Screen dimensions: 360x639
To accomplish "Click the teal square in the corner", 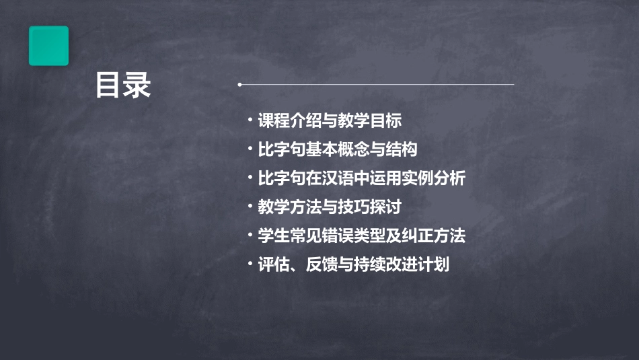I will point(48,46).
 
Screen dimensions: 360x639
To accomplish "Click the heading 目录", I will point(123,85).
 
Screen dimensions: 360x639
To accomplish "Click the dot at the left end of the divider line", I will point(240,85).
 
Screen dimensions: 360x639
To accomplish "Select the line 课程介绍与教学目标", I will point(330,121).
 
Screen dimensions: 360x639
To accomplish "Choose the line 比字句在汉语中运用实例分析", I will point(361,179).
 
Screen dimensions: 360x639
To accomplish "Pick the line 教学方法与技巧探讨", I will point(330,207).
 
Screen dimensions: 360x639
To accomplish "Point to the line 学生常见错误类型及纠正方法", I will point(361,236).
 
